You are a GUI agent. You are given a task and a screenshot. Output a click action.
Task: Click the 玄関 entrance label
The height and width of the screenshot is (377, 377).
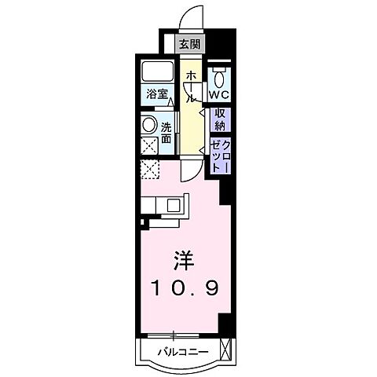point(188,45)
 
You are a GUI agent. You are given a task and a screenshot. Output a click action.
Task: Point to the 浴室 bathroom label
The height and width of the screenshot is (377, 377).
point(156,94)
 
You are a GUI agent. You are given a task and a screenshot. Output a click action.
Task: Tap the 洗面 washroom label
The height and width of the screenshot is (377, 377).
point(167,132)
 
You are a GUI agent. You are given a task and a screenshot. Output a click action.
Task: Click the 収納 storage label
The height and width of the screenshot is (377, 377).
point(221,119)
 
